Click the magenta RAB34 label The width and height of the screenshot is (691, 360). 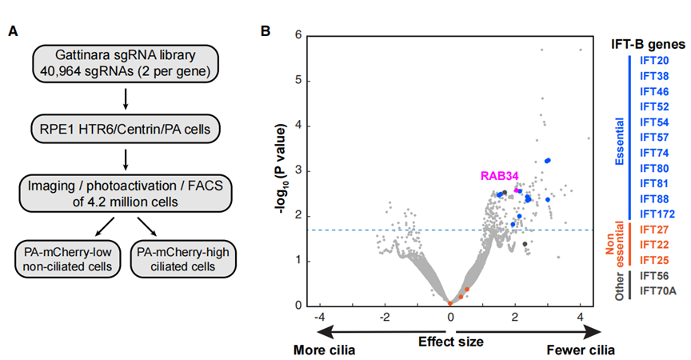point(500,176)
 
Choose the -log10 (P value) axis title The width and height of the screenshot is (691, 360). point(280,170)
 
